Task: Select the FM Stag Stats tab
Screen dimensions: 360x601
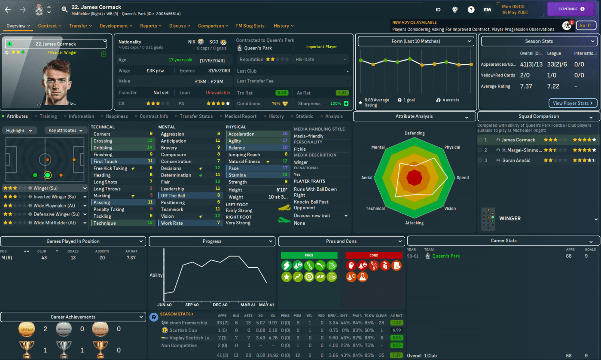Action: (x=250, y=26)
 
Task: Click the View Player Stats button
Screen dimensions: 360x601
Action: (x=573, y=103)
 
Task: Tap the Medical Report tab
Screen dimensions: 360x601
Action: (x=240, y=116)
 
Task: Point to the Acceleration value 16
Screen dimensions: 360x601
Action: (x=285, y=134)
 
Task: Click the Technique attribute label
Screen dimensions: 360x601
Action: (x=104, y=223)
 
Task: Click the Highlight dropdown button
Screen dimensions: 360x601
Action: (x=19, y=131)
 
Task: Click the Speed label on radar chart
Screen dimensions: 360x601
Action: (x=463, y=178)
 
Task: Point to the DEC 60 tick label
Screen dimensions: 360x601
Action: (x=220, y=305)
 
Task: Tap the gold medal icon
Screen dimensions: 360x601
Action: (x=27, y=329)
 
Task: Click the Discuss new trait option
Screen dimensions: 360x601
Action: (x=312, y=216)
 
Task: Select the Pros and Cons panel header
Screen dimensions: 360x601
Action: (x=341, y=241)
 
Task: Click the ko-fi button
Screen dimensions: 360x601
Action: (x=586, y=26)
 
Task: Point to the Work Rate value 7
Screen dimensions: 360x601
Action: (x=218, y=223)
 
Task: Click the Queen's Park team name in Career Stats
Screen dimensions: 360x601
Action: (x=446, y=256)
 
